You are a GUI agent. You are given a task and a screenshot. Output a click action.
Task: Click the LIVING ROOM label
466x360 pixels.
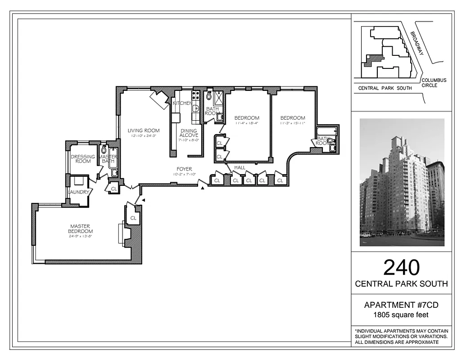(x=143, y=130)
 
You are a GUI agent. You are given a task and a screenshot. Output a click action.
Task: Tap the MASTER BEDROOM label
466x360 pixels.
(x=80, y=229)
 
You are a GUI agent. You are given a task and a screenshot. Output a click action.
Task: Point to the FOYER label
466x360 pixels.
(x=185, y=169)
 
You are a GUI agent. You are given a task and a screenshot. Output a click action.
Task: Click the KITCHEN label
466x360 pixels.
(x=182, y=103)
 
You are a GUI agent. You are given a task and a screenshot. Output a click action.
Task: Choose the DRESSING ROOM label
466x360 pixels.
(x=83, y=159)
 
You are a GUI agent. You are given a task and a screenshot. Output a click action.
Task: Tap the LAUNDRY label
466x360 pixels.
(x=80, y=192)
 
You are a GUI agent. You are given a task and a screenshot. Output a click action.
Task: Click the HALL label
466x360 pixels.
(x=239, y=167)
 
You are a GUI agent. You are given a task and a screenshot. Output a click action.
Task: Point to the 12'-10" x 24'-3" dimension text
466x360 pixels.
(x=143, y=136)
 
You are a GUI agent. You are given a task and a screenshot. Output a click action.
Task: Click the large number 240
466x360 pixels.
(x=401, y=267)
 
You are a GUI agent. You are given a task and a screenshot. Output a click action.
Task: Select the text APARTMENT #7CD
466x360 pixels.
(x=401, y=305)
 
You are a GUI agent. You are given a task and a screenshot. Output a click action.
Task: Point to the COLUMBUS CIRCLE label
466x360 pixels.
(x=434, y=83)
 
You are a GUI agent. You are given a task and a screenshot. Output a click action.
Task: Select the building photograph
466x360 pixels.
(x=402, y=182)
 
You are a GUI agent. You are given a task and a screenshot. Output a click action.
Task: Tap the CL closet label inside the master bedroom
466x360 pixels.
(x=133, y=218)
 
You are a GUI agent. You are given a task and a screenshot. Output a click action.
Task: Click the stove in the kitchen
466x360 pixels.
(x=196, y=95)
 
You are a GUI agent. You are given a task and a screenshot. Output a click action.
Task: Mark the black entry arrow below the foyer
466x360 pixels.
(x=203, y=187)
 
